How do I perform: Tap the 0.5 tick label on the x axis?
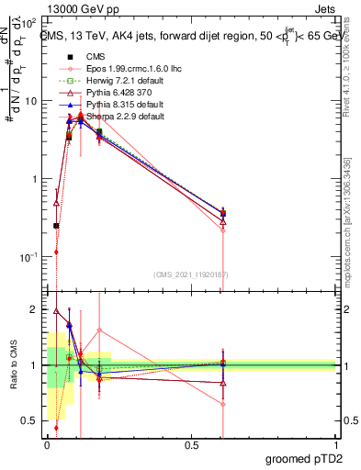190,444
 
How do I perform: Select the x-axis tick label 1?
335,444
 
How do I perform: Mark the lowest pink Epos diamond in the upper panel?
56,252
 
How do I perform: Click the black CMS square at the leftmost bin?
56,225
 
